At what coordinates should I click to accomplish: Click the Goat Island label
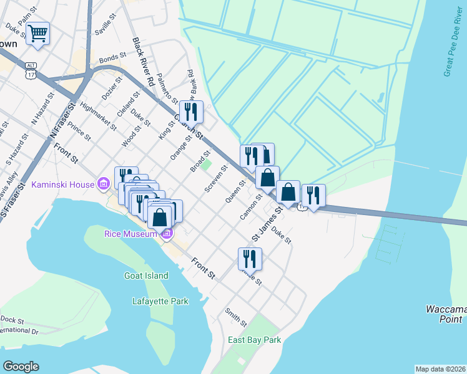146,276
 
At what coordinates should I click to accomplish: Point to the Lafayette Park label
160,301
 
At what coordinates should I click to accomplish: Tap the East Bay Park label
254,340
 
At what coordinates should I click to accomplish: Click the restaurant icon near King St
191,112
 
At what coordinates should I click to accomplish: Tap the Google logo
21,367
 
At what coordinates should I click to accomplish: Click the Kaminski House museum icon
104,184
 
